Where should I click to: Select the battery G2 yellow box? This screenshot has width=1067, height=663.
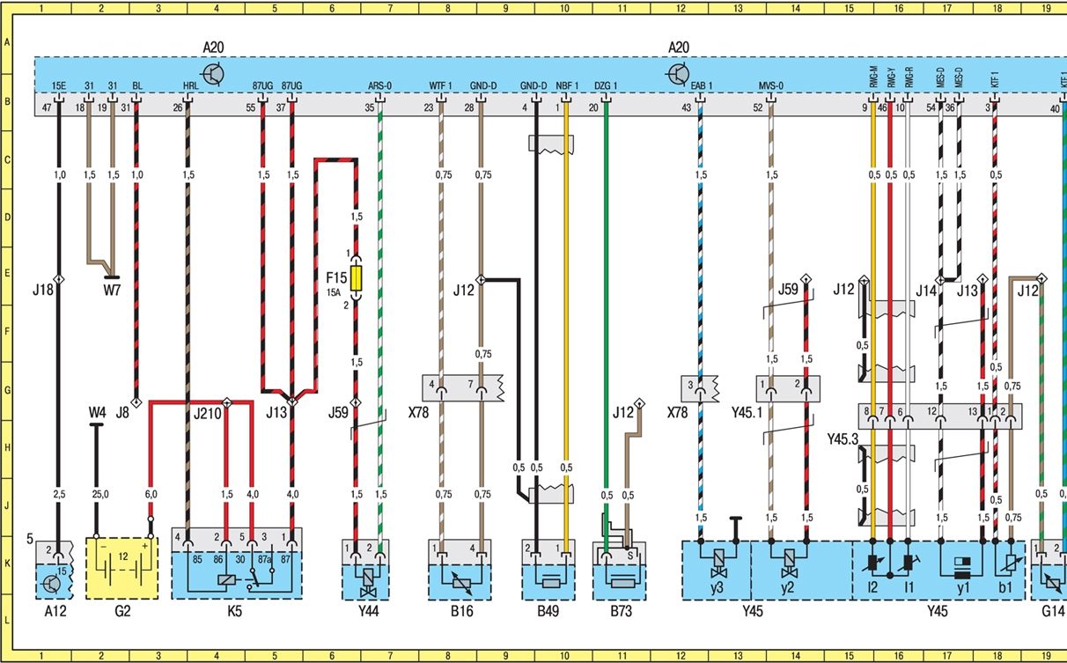[x=122, y=568]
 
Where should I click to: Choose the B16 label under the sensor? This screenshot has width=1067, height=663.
[x=460, y=610]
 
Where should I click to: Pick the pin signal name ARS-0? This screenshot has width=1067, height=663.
[x=379, y=85]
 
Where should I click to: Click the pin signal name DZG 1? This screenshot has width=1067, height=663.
[x=606, y=85]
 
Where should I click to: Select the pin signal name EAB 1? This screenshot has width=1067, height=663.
[x=702, y=85]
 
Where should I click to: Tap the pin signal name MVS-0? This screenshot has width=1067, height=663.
[x=770, y=85]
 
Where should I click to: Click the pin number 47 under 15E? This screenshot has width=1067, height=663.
[x=48, y=107]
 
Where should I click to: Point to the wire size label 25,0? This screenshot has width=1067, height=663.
[x=100, y=495]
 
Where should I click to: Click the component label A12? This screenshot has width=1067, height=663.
[x=53, y=610]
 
